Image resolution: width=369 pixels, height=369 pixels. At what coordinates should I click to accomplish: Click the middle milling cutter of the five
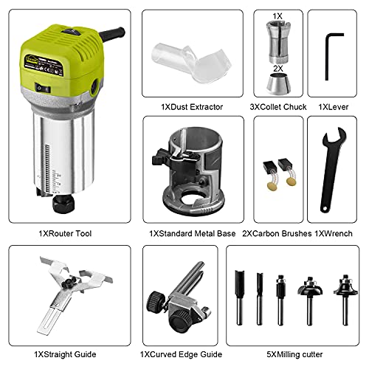coord(280,299)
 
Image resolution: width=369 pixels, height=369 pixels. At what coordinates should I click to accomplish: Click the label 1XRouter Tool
coord(66,233)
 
